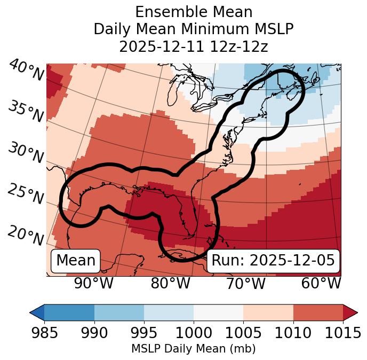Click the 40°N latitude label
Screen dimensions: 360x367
pos(26,71)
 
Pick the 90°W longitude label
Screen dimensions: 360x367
pos(94,283)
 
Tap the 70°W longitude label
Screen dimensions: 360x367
pos(245,283)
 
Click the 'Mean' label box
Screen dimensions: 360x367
pos(76,261)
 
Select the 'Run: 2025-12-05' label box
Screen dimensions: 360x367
pos(273,261)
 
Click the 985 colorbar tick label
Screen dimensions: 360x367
pos(44,333)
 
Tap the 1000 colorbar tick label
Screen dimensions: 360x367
pos(194,333)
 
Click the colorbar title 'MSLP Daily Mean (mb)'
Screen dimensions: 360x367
pos(193,349)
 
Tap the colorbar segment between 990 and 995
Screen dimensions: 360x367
pos(119,312)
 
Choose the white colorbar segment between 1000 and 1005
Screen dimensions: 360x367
pos(218,312)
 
